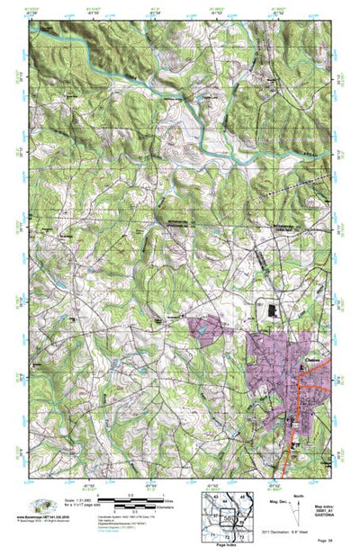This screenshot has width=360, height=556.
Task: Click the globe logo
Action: [40, 506]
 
